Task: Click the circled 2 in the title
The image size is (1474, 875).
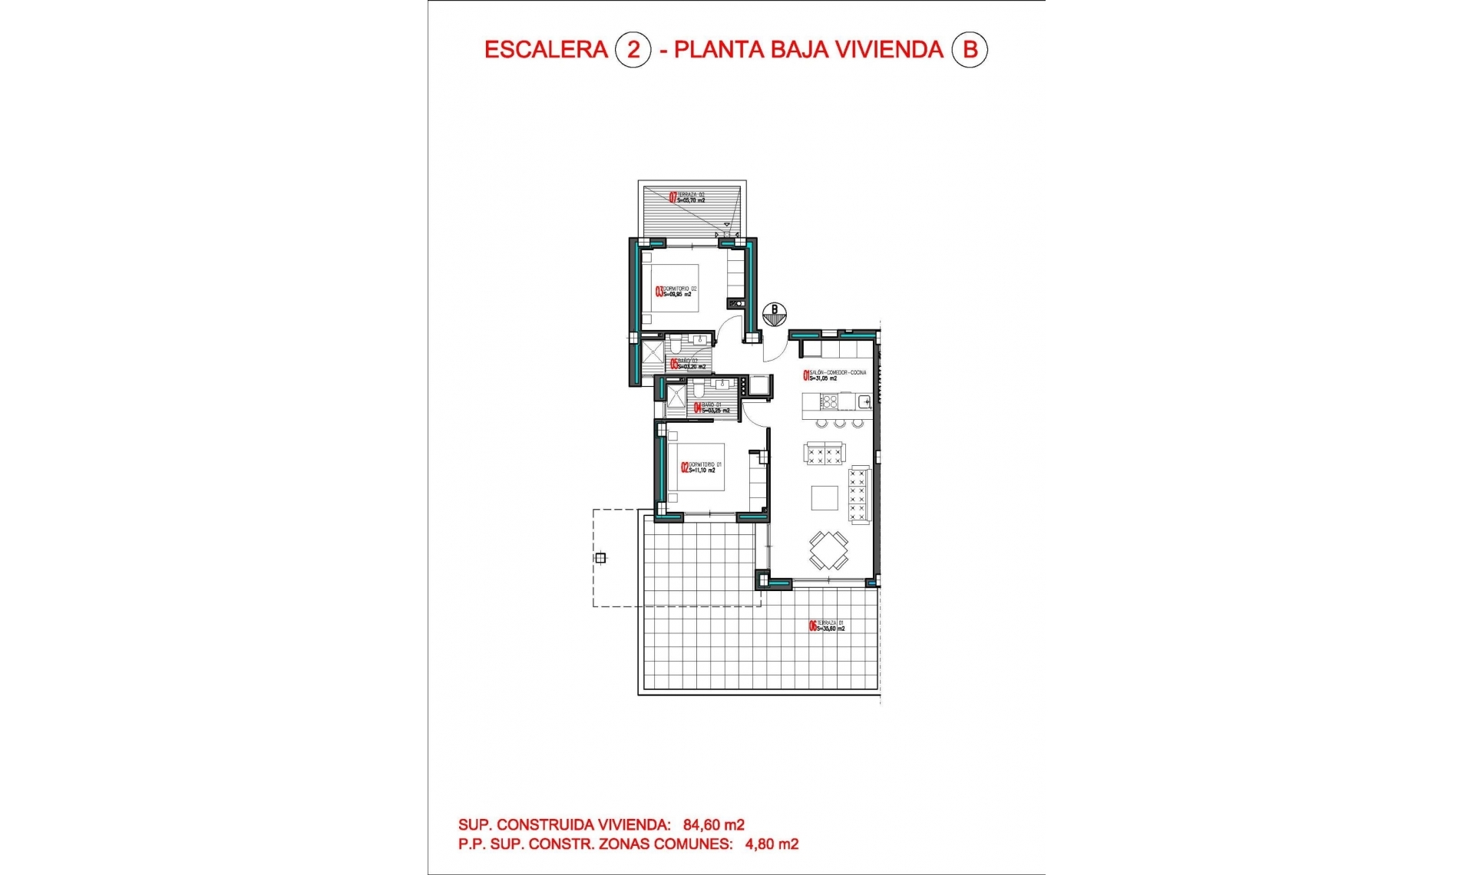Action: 633,50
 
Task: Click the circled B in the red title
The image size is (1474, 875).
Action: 970,50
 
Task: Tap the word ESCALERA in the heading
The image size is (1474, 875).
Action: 546,50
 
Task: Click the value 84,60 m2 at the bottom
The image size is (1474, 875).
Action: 714,825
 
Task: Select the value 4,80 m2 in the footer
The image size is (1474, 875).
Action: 772,844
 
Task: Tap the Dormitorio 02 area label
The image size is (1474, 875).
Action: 676,292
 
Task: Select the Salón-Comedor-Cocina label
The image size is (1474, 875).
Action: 834,375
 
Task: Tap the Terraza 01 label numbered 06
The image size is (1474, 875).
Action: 827,626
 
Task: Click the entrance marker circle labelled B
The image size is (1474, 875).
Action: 775,313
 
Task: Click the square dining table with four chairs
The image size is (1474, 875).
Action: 828,550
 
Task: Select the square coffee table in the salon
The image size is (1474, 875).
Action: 825,498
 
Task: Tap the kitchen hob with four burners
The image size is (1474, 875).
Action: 830,401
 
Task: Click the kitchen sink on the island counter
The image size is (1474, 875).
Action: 864,401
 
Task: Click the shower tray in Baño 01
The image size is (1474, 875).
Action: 676,397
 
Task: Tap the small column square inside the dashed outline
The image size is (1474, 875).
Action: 600,558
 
